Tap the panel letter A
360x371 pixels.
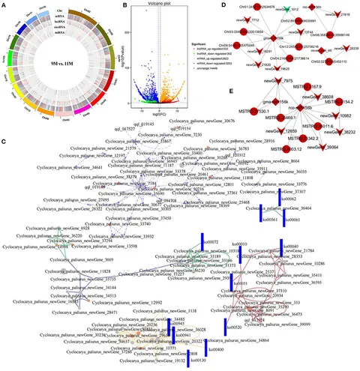(4, 5)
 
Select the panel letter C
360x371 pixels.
(4, 121)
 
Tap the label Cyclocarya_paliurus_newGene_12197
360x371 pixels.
(109, 154)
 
